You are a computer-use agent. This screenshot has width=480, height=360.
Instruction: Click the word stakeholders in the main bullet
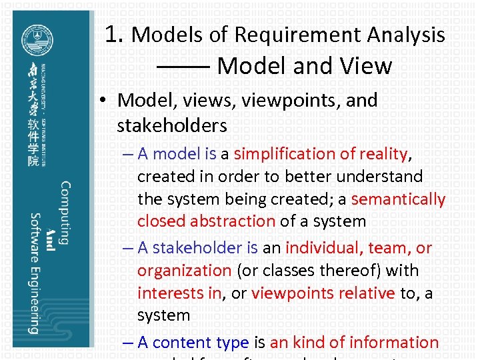pos(172,125)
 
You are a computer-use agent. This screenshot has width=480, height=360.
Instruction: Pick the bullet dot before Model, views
pos(105,101)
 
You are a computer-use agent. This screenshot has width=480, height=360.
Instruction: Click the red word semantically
pos(398,199)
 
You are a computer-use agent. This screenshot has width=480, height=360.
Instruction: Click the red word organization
pos(184,271)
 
